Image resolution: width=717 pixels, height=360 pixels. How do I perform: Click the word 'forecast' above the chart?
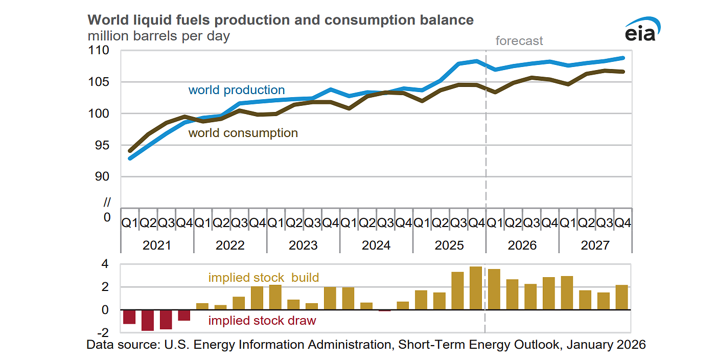click(519, 41)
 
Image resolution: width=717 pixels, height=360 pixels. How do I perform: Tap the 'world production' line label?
click(236, 90)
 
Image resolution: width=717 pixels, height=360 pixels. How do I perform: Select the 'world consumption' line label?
click(243, 133)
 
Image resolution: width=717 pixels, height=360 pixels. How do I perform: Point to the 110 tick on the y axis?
click(100, 51)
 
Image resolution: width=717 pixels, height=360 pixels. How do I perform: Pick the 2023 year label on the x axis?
click(303, 245)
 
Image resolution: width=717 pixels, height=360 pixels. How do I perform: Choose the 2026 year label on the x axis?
click(522, 245)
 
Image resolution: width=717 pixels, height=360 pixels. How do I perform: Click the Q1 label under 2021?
click(130, 222)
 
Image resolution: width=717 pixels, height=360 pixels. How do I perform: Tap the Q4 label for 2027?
click(622, 222)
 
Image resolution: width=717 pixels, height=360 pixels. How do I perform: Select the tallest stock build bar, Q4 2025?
click(475, 288)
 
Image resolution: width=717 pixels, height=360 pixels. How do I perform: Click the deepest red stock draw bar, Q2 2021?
click(148, 320)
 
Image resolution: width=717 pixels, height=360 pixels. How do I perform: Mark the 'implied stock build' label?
click(263, 278)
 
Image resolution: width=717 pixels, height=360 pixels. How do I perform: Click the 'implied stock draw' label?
click(262, 321)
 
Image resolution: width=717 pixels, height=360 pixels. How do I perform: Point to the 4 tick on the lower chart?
click(105, 264)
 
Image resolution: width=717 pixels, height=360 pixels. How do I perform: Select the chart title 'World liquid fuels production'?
click(281, 20)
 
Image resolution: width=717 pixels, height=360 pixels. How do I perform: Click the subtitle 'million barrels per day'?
click(158, 36)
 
